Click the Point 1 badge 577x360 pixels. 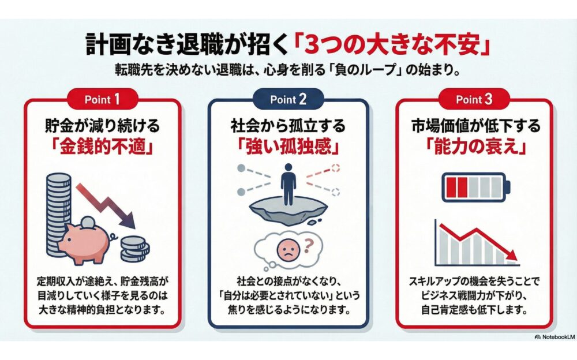point(103,99)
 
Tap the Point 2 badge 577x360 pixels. point(288,99)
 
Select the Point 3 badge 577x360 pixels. point(474,99)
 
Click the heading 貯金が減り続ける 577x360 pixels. point(103,126)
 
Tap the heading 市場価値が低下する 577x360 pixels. point(474,126)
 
